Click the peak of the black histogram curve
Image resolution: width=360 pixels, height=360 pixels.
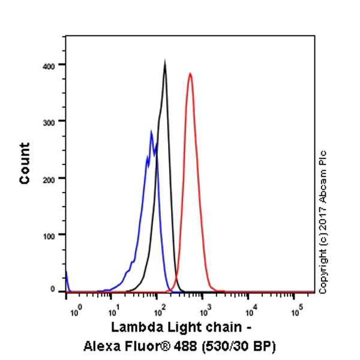point(164,61)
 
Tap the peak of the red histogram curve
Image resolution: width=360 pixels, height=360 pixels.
point(190,74)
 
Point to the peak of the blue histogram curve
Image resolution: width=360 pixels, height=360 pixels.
point(152,131)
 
